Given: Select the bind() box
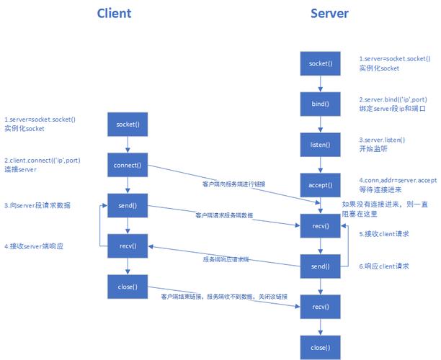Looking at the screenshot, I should tap(319, 104).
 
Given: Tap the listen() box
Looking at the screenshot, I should tap(319, 145).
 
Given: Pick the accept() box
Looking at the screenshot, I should tap(319, 185).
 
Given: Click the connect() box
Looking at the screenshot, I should tap(127, 165).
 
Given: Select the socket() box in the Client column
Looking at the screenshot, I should tap(127, 124).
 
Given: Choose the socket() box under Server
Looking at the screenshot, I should tap(319, 64).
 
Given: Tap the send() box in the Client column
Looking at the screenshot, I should tap(127, 206).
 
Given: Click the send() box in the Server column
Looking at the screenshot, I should tap(319, 266).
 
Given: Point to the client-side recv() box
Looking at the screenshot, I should tap(127, 246).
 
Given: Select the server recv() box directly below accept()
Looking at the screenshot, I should tap(319, 226).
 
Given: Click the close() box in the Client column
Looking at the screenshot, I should tap(127, 287).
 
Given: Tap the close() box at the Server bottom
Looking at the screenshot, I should tap(319, 347).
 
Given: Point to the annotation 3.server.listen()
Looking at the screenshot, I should tap(382, 139).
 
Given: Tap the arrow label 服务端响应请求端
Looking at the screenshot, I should tap(225, 258).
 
